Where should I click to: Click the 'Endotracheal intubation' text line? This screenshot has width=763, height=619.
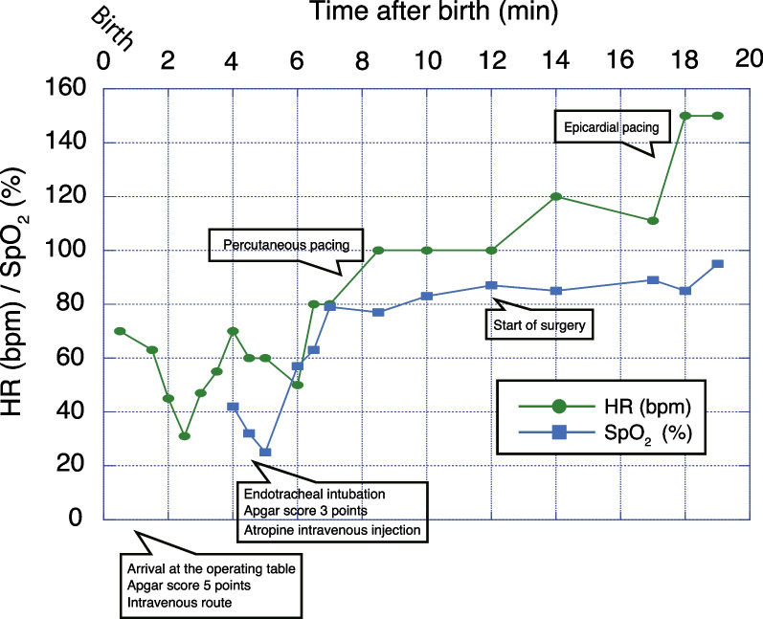pos(314,494)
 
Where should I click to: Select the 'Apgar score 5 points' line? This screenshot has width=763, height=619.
pos(183,586)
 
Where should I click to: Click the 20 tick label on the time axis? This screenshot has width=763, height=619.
pos(747,59)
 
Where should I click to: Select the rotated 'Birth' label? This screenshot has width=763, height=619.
pos(113,28)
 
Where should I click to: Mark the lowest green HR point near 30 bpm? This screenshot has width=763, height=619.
pos(184,436)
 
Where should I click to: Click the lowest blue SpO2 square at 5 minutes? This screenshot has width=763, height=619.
pos(265,453)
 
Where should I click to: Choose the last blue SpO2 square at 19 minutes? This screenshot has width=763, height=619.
pos(717,264)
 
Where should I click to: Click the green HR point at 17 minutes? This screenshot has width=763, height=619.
pos(653,221)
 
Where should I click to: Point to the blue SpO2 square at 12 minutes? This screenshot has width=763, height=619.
pos(491,285)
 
